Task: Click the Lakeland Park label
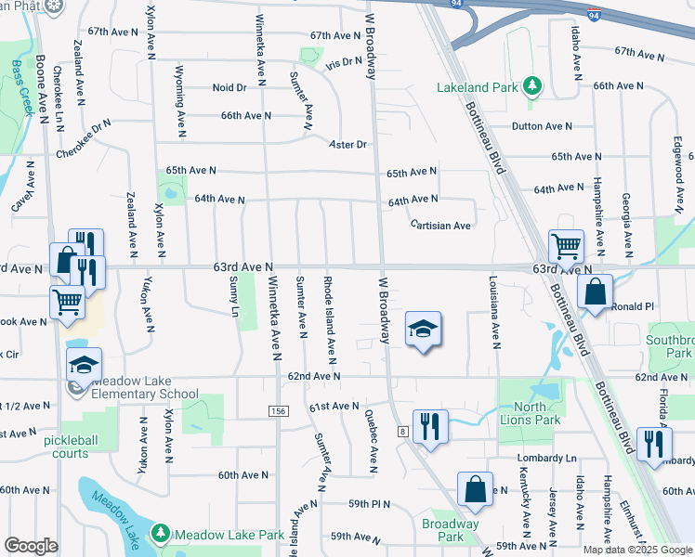pyautogui.click(x=477, y=88)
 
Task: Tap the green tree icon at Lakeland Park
pyautogui.click(x=532, y=87)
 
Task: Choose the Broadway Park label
pyautogui.click(x=450, y=530)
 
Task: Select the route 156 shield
pyautogui.click(x=279, y=411)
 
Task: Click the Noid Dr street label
pyautogui.click(x=229, y=87)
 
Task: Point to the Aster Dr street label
pyautogui.click(x=348, y=145)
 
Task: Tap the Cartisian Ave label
pyautogui.click(x=442, y=225)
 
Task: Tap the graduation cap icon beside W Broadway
pyautogui.click(x=423, y=329)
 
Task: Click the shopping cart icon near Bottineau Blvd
pyautogui.click(x=566, y=246)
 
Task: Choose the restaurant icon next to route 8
pyautogui.click(x=430, y=426)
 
